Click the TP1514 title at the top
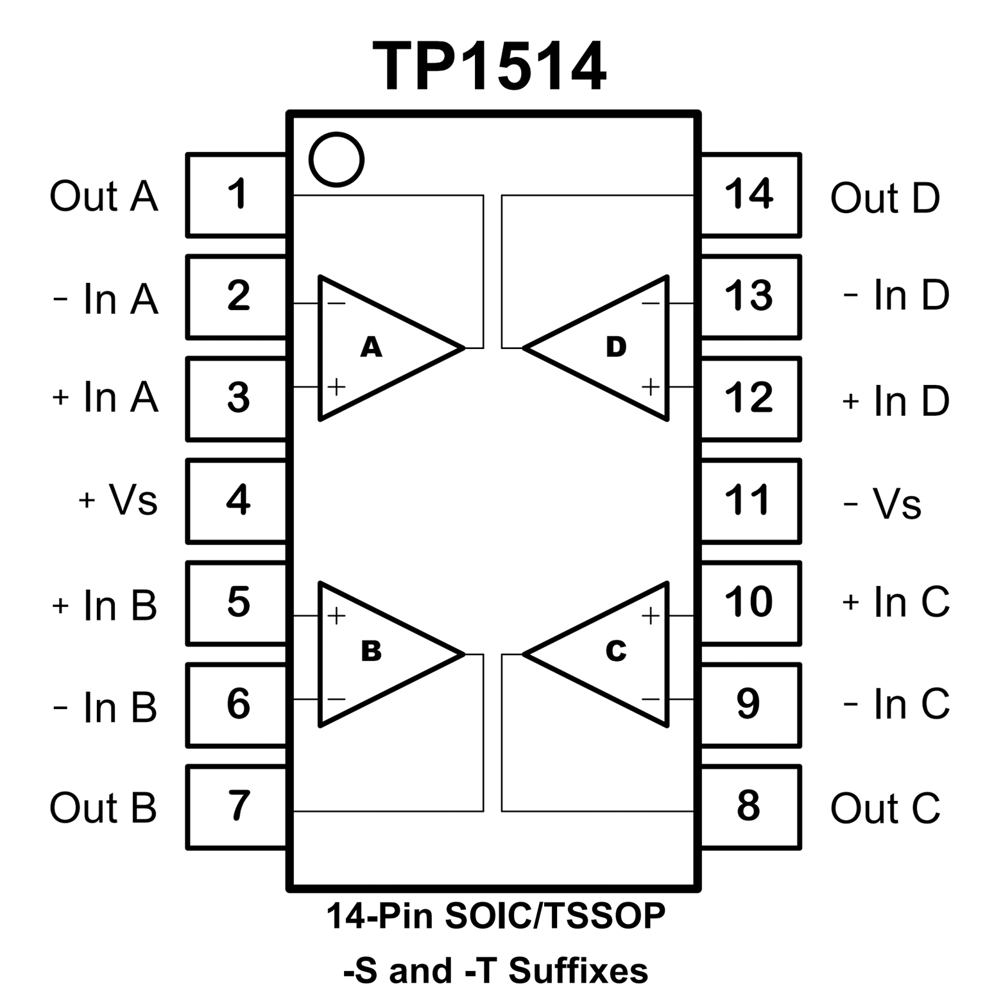point(489,67)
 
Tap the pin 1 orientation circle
point(336,159)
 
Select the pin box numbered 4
point(237,500)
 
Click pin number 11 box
point(749,500)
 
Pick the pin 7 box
point(237,807)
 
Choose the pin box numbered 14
point(749,194)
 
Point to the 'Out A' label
point(103,196)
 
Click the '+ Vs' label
point(118,500)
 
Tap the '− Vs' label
point(882,504)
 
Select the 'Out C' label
point(885,808)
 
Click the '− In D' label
point(896,296)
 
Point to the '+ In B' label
point(105,604)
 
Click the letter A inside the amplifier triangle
point(371,347)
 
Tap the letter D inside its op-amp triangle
point(615,347)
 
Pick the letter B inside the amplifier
point(371,651)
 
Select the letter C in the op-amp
point(615,651)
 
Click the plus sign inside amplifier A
point(336,386)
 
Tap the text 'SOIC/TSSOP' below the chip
point(554,916)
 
